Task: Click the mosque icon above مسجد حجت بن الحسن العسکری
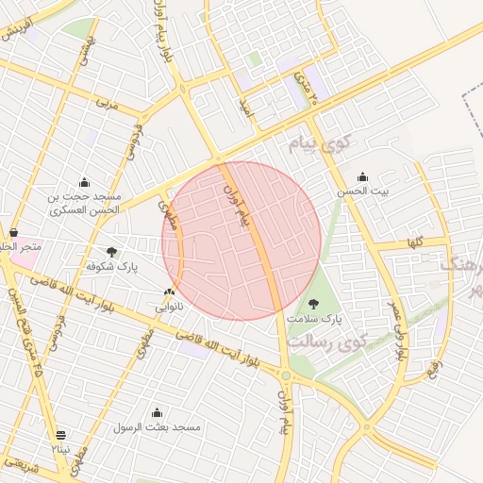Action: [85, 183]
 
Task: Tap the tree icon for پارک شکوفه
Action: [112, 252]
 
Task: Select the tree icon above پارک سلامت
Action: [313, 304]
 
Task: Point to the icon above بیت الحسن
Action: [363, 176]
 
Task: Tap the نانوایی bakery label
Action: [170, 308]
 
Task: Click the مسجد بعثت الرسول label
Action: [158, 427]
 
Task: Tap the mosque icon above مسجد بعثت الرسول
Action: [157, 412]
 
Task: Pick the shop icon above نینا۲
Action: [61, 435]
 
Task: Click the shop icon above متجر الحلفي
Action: [13, 232]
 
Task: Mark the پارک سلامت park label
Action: [313, 319]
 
